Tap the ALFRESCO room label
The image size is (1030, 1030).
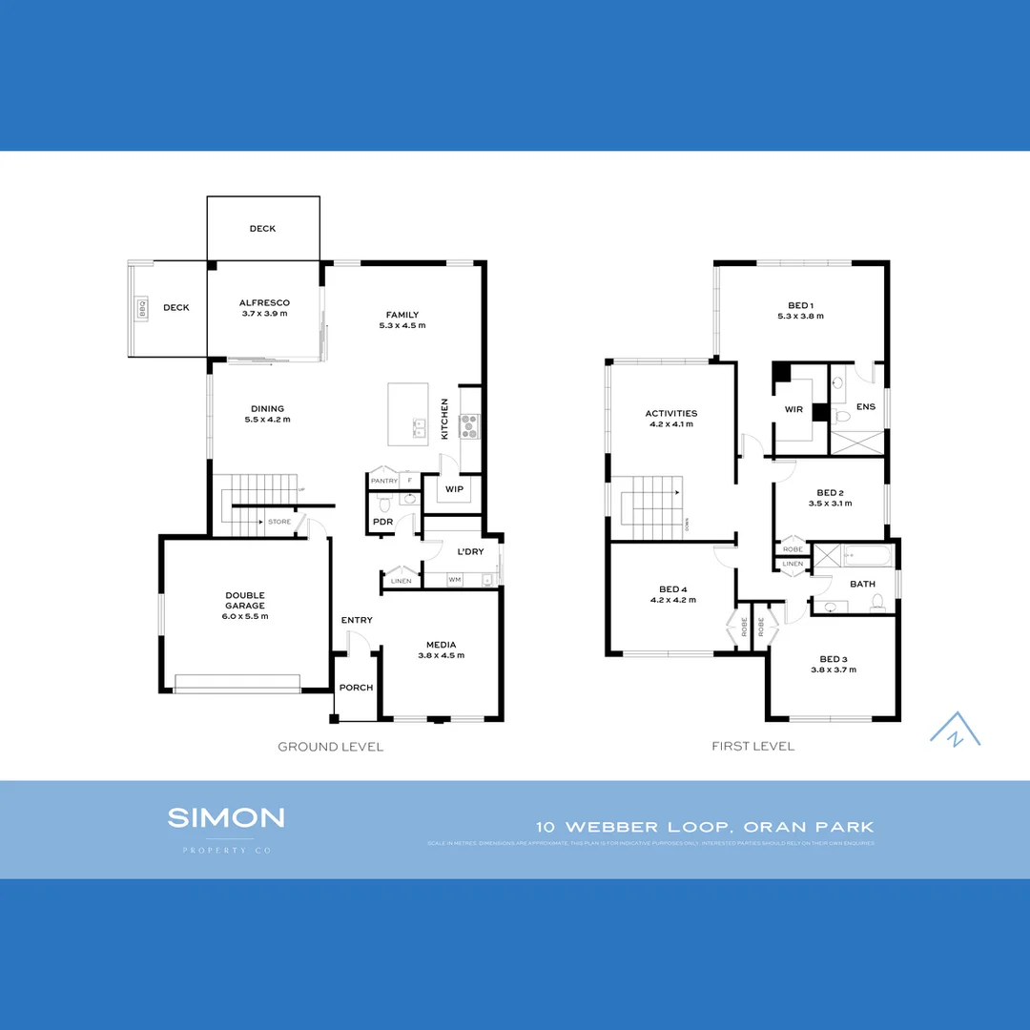click(264, 303)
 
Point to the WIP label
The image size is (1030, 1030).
click(454, 489)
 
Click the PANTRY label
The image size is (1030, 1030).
click(383, 481)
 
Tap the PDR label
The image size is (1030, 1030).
click(383, 523)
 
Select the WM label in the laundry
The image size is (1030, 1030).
click(454, 579)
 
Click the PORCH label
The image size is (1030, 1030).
click(357, 688)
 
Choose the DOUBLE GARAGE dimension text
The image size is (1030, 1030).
click(245, 616)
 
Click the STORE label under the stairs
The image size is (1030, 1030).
click(279, 522)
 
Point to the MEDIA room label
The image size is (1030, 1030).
click(440, 644)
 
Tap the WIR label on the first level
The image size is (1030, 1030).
click(793, 410)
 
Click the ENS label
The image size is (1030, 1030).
click(866, 407)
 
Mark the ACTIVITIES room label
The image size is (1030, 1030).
click(671, 414)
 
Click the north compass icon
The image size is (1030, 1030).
click(955, 730)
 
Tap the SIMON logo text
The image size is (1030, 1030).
click(226, 817)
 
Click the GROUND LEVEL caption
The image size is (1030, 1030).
click(330, 747)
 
